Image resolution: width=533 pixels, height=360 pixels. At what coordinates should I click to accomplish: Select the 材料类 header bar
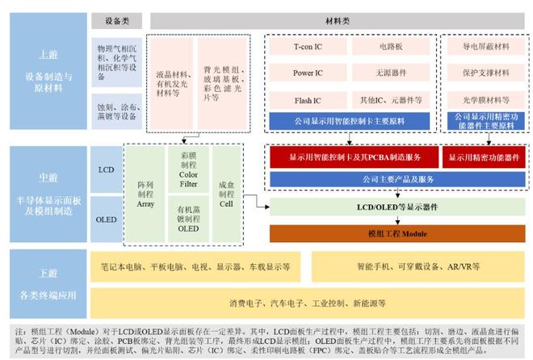(338, 19)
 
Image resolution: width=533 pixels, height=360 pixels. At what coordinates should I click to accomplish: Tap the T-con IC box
(308, 48)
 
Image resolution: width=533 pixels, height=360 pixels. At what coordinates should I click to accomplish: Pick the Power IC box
(308, 73)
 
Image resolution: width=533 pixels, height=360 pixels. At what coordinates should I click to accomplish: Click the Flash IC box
(308, 100)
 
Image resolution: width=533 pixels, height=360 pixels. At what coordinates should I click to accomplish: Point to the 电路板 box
(391, 48)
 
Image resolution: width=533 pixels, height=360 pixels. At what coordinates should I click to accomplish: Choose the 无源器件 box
(391, 73)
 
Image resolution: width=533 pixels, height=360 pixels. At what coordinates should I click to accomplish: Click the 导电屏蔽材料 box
(484, 48)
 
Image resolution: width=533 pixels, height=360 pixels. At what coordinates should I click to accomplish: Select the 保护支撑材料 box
(484, 73)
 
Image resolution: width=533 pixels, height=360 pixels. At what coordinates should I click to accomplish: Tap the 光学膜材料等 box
(484, 100)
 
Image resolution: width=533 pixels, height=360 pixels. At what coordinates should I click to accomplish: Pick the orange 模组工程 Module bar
(397, 234)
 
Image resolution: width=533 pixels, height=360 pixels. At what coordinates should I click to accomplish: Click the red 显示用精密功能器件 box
(484, 157)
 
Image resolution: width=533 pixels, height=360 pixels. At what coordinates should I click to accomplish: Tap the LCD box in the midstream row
(106, 171)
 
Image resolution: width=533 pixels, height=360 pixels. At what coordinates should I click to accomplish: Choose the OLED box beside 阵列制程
(106, 219)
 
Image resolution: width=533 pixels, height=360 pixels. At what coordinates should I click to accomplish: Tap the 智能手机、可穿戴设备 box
(418, 266)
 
